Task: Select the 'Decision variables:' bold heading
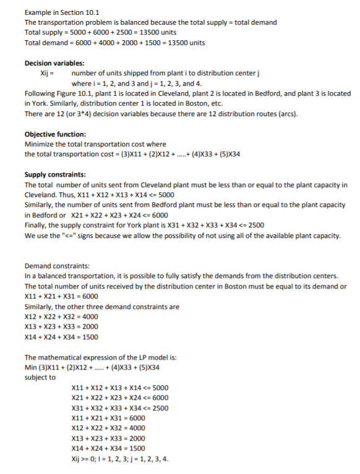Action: pos(54,64)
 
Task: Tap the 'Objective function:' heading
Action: pos(55,134)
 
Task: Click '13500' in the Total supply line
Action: pos(149,33)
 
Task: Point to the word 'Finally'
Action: pos(36,224)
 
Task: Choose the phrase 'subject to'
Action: pos(40,377)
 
